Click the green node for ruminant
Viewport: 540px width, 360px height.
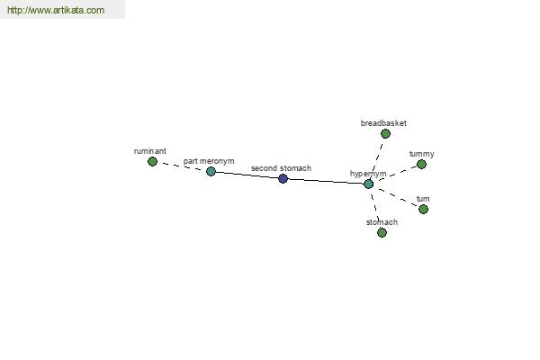pyautogui.click(x=152, y=161)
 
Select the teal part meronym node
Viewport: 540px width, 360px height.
pyautogui.click(x=211, y=171)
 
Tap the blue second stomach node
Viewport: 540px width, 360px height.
pyautogui.click(x=283, y=178)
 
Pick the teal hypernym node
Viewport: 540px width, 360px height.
pyautogui.click(x=368, y=184)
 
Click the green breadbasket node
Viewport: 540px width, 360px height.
pyautogui.click(x=385, y=134)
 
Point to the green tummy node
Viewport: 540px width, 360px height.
pyautogui.click(x=421, y=165)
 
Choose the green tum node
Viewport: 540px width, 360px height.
pyautogui.click(x=423, y=209)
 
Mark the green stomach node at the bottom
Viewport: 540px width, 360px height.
pyautogui.click(x=382, y=232)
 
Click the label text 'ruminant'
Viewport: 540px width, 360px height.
pyautogui.click(x=149, y=151)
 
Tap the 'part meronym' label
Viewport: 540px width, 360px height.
pyautogui.click(x=209, y=161)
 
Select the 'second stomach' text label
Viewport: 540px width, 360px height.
pyautogui.click(x=281, y=168)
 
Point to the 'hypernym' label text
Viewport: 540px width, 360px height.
pyautogui.click(x=368, y=174)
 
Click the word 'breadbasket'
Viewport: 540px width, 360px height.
pyautogui.click(x=383, y=123)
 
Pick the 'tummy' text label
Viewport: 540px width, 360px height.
pyautogui.click(x=421, y=154)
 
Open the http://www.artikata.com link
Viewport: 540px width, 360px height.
pyautogui.click(x=56, y=10)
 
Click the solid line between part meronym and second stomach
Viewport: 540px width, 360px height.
pyautogui.click(x=247, y=175)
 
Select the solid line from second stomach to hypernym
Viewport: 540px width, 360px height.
pyautogui.click(x=326, y=181)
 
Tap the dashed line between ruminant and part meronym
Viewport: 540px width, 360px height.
pyautogui.click(x=182, y=166)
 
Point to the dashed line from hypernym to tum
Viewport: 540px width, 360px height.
pyautogui.click(x=396, y=197)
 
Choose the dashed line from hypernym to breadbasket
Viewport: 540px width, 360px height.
pyautogui.click(x=377, y=158)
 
